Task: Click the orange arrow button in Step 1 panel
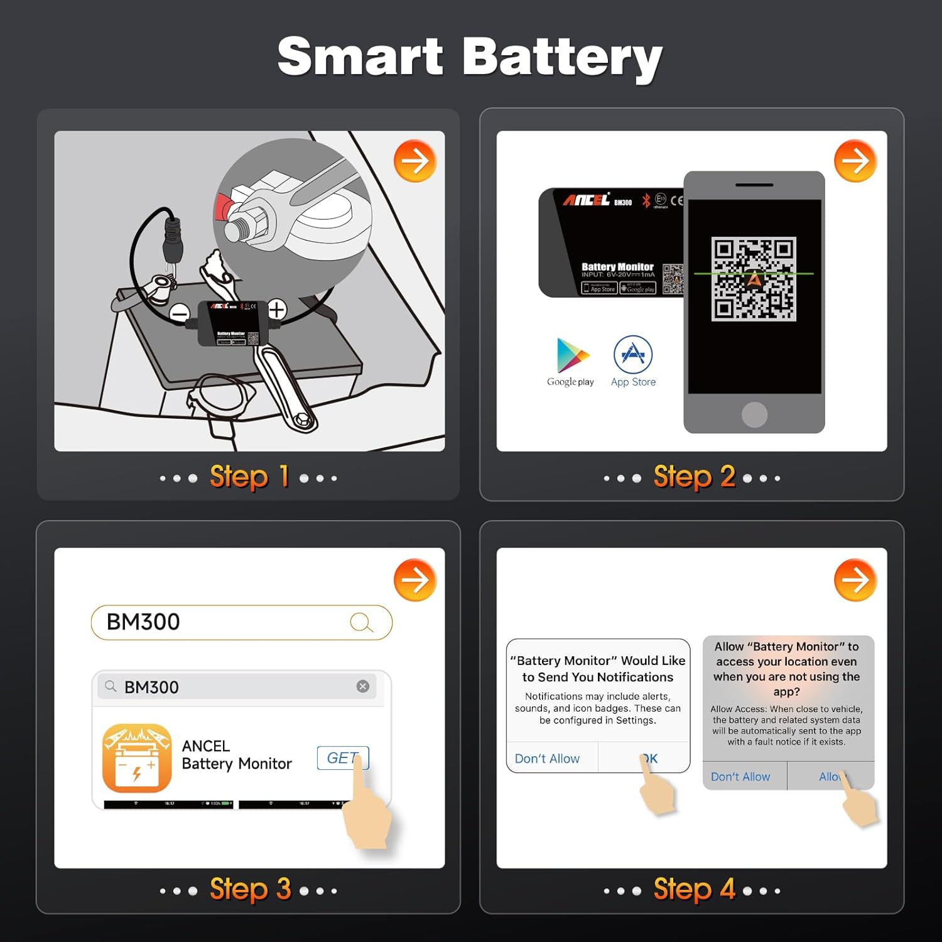[x=415, y=161]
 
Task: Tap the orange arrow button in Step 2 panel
[x=855, y=161]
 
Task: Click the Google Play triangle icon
[x=572, y=355]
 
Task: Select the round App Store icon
[x=633, y=355]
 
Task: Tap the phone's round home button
[x=754, y=414]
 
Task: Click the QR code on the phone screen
[x=754, y=279]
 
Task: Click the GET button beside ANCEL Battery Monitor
[x=342, y=758]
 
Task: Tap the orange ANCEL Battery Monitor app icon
[x=137, y=758]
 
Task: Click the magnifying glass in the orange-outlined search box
[x=361, y=622]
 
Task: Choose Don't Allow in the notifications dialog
[x=547, y=759]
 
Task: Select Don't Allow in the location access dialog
[x=740, y=777]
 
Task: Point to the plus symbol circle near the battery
[x=277, y=309]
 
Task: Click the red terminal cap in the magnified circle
[x=222, y=207]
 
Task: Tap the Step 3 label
[x=250, y=889]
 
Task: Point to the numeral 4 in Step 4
[x=727, y=889]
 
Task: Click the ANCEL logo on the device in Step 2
[x=586, y=200]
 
